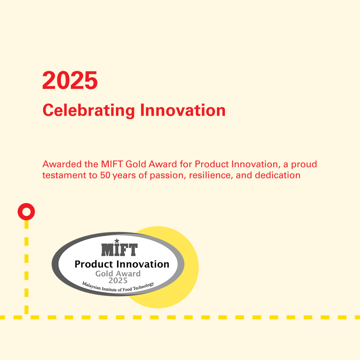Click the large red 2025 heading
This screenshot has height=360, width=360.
coord(70,80)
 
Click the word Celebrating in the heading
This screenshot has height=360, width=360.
coord(89,111)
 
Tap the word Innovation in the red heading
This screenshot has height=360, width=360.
coord(183,110)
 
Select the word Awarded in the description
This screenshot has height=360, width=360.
coord(62,164)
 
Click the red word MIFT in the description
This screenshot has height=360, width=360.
coord(112,164)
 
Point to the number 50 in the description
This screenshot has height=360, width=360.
coord(105,175)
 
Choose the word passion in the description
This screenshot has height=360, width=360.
coord(168,176)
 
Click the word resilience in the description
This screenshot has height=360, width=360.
coord(211,175)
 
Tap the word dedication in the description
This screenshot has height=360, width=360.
coord(278,175)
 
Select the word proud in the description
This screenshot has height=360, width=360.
coord(304,165)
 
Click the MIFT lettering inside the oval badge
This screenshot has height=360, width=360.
coord(120,249)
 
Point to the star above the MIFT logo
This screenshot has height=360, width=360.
coord(117,241)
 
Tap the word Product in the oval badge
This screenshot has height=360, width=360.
coord(94,264)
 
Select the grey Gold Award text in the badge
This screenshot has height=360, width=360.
coord(118,274)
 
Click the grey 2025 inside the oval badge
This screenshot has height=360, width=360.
coord(118,280)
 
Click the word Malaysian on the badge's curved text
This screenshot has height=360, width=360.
coord(91,286)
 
